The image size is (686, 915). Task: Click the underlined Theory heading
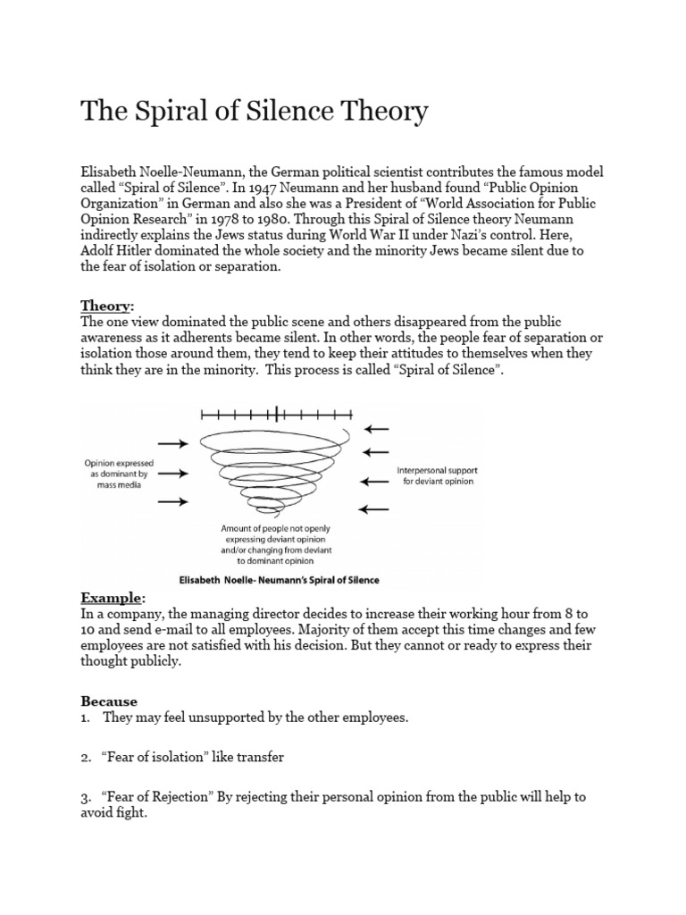click(105, 306)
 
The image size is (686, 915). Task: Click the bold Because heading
click(109, 701)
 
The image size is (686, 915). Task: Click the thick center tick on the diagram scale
click(278, 414)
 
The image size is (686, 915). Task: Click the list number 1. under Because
click(86, 718)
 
